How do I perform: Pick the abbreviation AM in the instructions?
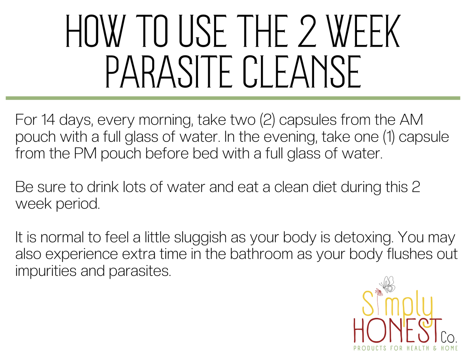click(x=411, y=120)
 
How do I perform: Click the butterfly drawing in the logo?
click(x=387, y=284)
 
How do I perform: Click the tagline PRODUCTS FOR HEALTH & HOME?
click(x=405, y=348)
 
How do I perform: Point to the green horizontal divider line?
click(x=233, y=98)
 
